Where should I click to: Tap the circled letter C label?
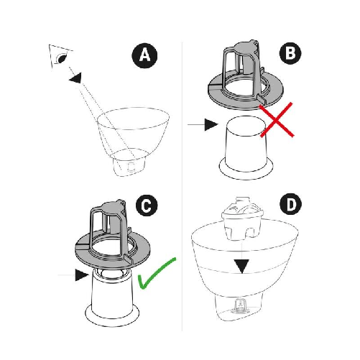pyautogui.click(x=146, y=207)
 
